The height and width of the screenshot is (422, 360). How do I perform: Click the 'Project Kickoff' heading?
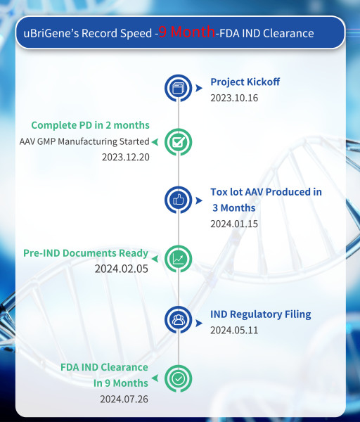point(245,82)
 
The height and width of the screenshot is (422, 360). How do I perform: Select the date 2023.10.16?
point(234,98)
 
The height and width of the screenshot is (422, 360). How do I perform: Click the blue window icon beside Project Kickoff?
point(179,89)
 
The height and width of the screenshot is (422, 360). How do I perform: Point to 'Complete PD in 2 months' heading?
point(90,125)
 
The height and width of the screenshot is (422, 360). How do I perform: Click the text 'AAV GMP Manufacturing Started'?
point(84,141)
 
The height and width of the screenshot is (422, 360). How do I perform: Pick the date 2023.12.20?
point(125,156)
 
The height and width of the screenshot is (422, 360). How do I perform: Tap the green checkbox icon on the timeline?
point(179,141)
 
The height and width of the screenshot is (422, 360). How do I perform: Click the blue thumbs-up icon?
point(179,200)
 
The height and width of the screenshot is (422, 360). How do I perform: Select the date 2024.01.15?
point(234,224)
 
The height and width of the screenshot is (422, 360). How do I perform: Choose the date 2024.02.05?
point(122,268)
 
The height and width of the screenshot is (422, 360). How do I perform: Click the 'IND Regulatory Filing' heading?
point(260,314)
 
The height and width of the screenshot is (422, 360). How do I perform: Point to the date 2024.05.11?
point(234,329)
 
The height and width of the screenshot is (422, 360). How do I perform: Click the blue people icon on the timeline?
point(179,320)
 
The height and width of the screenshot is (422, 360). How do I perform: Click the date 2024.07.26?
point(124,399)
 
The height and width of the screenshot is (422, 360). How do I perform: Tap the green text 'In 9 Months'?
point(121,383)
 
